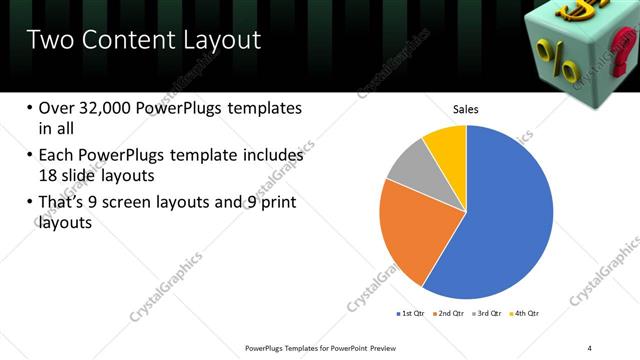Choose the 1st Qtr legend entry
(x=409, y=313)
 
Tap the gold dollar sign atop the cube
(x=579, y=11)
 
